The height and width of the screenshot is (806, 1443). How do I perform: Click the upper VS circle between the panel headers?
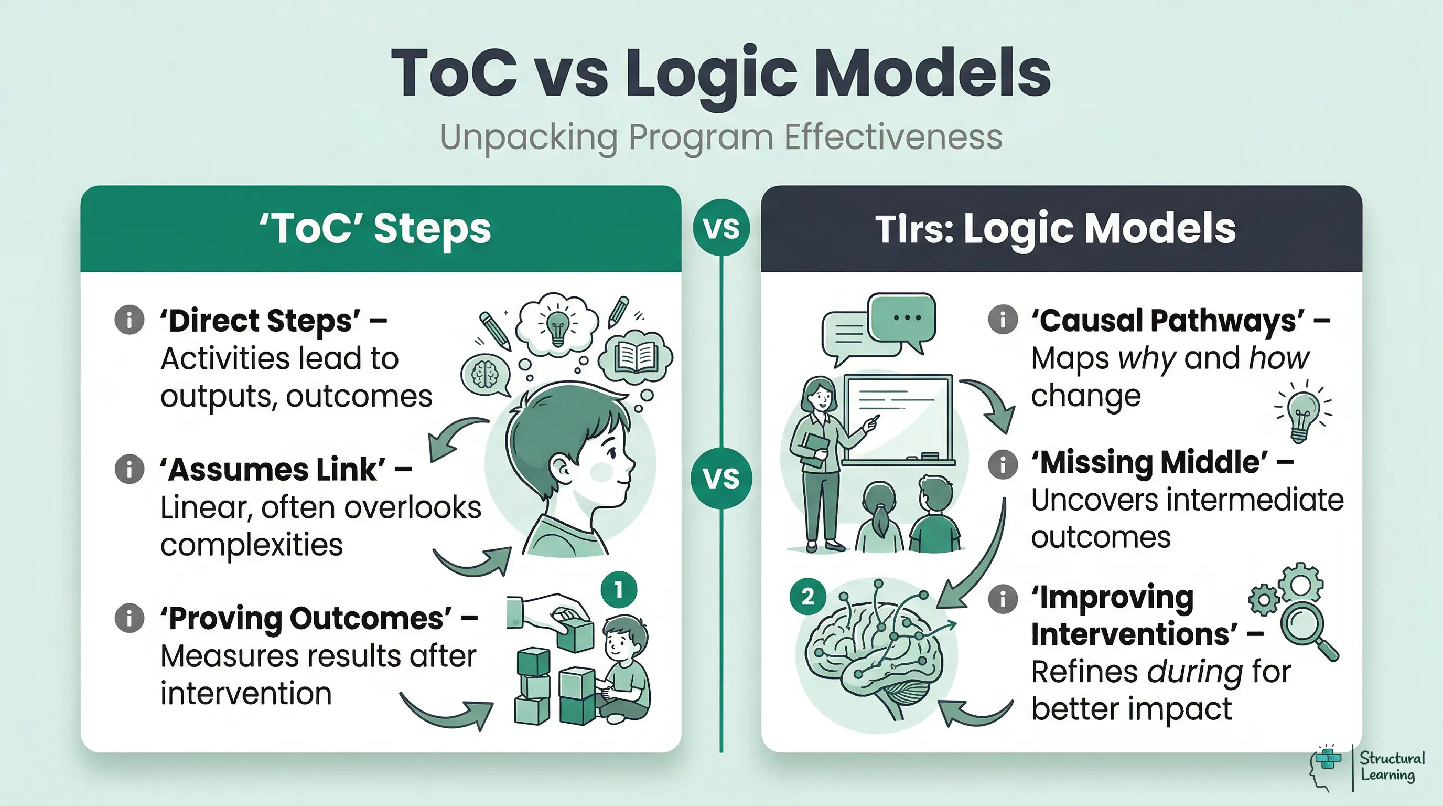click(721, 228)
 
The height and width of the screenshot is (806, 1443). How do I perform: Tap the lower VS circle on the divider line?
click(721, 478)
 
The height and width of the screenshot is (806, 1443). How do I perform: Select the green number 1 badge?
click(618, 590)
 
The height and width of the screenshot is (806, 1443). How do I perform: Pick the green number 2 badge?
click(807, 597)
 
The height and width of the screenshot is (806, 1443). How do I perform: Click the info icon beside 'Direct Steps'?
click(130, 320)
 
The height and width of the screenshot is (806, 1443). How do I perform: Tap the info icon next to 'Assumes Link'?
click(130, 469)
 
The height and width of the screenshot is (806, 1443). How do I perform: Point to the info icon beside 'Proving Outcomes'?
click(130, 618)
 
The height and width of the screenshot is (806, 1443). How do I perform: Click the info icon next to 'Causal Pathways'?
click(1003, 320)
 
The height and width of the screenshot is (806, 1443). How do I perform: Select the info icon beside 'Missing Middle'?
click(1003, 463)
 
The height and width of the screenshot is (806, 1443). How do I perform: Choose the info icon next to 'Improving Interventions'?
click(1003, 598)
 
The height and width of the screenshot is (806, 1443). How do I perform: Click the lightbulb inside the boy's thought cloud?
click(557, 326)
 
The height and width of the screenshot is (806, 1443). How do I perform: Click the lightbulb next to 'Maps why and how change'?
click(1303, 415)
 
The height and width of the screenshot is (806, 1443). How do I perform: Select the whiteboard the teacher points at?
click(899, 418)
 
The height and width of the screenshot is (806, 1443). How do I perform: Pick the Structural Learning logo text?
click(1392, 767)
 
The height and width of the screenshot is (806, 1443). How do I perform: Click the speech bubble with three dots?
click(902, 318)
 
